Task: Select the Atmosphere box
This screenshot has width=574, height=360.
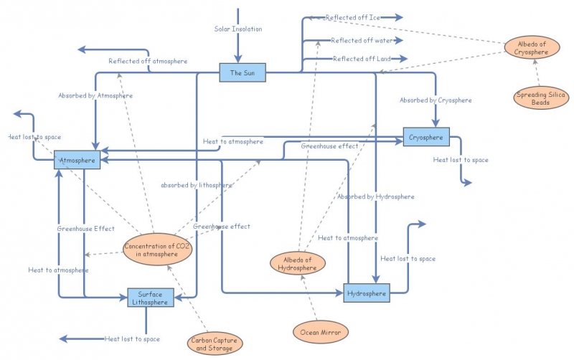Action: tap(77, 161)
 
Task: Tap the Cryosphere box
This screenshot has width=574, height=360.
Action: tap(426, 136)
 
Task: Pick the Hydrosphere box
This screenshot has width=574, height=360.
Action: tap(366, 293)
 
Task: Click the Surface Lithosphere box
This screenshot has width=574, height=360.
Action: tap(151, 298)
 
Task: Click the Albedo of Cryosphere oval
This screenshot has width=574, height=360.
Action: tap(532, 48)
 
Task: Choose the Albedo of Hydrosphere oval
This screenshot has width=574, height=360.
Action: tap(297, 263)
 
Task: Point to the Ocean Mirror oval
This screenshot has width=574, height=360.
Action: tap(321, 332)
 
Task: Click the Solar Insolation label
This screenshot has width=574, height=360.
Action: tap(238, 29)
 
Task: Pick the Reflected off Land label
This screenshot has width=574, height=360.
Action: tap(361, 59)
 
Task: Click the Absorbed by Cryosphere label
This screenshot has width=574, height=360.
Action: tap(436, 100)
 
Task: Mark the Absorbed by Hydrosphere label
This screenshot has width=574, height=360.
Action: tap(376, 196)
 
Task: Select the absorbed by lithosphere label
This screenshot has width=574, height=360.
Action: tap(197, 185)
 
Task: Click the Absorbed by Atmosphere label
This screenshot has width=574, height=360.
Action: tap(95, 95)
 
